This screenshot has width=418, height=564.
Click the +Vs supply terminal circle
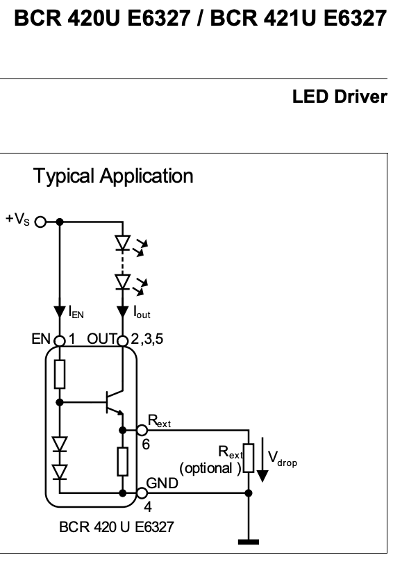(x=41, y=222)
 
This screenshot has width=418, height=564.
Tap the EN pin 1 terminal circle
(x=60, y=340)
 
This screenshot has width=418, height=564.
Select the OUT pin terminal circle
(x=123, y=340)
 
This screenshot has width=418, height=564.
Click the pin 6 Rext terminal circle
(x=142, y=430)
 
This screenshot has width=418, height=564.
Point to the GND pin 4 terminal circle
(x=142, y=493)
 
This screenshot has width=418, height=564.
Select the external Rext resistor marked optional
(x=249, y=458)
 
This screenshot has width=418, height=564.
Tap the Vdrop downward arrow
(x=262, y=459)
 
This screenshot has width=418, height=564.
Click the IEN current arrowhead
(x=60, y=312)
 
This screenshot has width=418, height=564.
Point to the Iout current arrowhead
(x=123, y=312)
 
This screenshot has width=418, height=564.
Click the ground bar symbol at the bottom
(x=249, y=542)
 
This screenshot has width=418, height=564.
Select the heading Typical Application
(x=113, y=176)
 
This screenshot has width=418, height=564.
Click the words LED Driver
(x=340, y=97)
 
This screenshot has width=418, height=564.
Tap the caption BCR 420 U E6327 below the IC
(x=117, y=527)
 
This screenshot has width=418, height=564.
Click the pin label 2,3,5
(x=147, y=339)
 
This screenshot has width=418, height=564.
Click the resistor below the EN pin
(x=60, y=374)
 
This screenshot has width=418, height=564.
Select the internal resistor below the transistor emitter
(x=123, y=462)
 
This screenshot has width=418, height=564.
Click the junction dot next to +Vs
(x=60, y=222)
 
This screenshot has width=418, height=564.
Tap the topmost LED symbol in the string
(x=123, y=243)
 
